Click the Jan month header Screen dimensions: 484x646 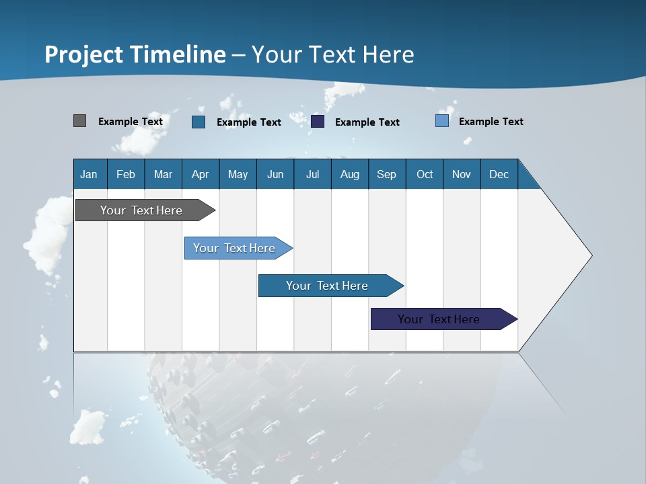89,174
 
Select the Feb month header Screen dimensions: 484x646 126,174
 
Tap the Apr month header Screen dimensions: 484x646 201,174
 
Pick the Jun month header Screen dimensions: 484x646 275,174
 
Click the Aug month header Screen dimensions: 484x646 350,174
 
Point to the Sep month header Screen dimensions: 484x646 387,174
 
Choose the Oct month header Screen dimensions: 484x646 425,174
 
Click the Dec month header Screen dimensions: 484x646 499,174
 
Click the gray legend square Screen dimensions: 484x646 80,121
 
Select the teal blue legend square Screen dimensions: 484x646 199,122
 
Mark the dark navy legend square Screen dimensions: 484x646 318,122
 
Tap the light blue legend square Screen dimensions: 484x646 442,121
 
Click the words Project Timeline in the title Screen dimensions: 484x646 135,54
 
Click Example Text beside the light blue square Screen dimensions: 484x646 491,122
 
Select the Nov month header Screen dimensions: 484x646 462,174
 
